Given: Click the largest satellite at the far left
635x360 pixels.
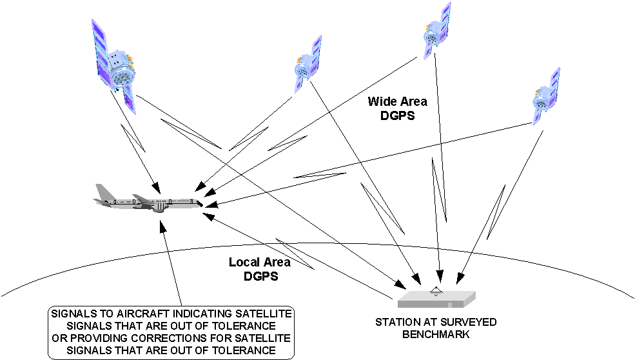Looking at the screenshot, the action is pyautogui.click(x=115, y=67).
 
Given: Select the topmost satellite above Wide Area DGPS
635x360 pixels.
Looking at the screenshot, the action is pyautogui.click(x=436, y=31).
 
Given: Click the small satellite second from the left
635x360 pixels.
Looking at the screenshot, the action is pyautogui.click(x=308, y=64).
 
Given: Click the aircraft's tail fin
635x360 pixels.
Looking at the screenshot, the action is pyautogui.click(x=103, y=192).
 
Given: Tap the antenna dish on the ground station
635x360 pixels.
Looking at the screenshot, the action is pyautogui.click(x=436, y=291).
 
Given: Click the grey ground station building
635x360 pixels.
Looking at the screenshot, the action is pyautogui.click(x=436, y=300).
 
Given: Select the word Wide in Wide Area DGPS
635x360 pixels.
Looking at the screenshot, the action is pyautogui.click(x=380, y=101).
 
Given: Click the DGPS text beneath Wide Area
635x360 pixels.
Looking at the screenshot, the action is pyautogui.click(x=398, y=115).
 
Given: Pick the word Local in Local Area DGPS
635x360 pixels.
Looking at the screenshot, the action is pyautogui.click(x=242, y=263).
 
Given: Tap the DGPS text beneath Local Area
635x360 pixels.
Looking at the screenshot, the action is pyautogui.click(x=261, y=277).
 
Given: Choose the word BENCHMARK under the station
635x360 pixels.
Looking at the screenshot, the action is pyautogui.click(x=436, y=334).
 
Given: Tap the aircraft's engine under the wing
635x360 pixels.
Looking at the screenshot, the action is pyautogui.click(x=160, y=208).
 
